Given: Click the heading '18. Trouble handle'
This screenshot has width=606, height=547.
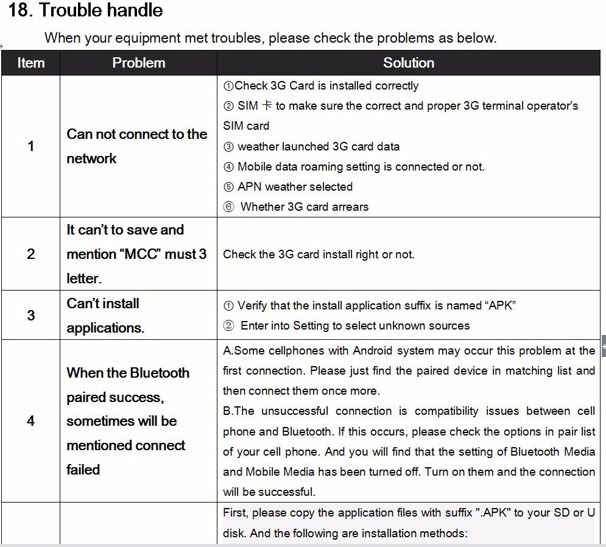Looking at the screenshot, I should coord(85,10).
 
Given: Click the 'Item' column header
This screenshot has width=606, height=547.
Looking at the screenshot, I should coord(30,63).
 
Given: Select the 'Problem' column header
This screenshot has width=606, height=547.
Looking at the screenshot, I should coord(138,63).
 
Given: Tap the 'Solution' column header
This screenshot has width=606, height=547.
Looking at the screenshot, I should coord(409,63).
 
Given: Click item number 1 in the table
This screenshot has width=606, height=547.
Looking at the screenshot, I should coord(30,146).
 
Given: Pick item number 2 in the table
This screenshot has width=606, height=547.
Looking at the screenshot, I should coord(30,254).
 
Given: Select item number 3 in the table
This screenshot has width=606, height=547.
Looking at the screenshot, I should coord(30,316).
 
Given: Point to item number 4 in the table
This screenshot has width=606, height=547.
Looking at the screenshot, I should coord(30,421).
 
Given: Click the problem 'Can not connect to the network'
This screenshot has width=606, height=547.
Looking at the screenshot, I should coord(136,146).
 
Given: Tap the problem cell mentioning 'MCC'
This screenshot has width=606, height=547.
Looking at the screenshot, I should coord(136,254).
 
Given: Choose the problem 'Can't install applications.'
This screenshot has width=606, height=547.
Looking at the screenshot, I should coord(105,316).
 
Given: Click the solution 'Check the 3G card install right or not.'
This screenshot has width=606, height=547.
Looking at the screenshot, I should coord(319,255).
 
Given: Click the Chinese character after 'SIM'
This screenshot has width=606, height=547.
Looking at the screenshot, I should coord(267,105).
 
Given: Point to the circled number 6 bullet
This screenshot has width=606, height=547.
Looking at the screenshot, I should coord(228,207).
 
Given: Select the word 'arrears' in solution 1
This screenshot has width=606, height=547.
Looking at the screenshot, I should coord(349,207).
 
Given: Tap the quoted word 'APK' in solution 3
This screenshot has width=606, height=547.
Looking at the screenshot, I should coord(501,306).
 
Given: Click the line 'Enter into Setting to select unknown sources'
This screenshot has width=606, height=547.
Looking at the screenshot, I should coord(354,326).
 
